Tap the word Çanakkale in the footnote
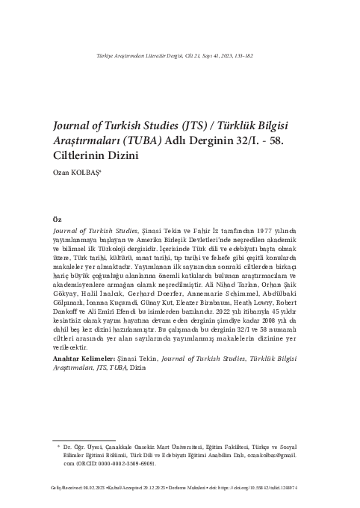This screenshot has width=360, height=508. click(x=116, y=446)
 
